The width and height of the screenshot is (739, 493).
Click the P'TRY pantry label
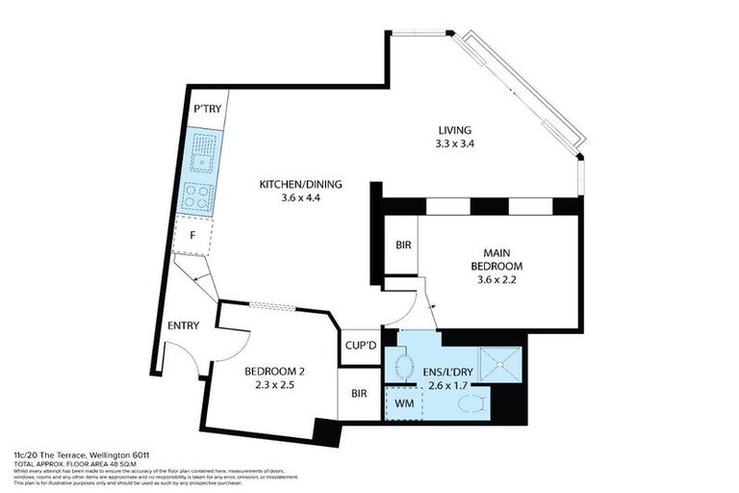tap(207, 110)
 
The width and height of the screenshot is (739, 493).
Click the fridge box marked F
tap(192, 234)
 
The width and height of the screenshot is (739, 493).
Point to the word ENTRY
tap(183, 325)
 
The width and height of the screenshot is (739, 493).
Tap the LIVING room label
tap(455, 130)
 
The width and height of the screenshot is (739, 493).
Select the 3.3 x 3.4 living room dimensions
tap(455, 144)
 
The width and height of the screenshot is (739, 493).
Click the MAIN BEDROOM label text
tap(496, 259)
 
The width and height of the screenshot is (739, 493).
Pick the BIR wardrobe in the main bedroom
tap(403, 246)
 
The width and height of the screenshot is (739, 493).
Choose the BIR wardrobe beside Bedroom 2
tap(359, 394)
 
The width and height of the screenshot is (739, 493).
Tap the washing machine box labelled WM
tap(404, 403)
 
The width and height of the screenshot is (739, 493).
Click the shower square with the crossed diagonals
tap(499, 364)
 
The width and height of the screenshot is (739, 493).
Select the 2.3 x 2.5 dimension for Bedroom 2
tap(274, 386)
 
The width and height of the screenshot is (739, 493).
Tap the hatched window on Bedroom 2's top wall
tap(272, 306)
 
